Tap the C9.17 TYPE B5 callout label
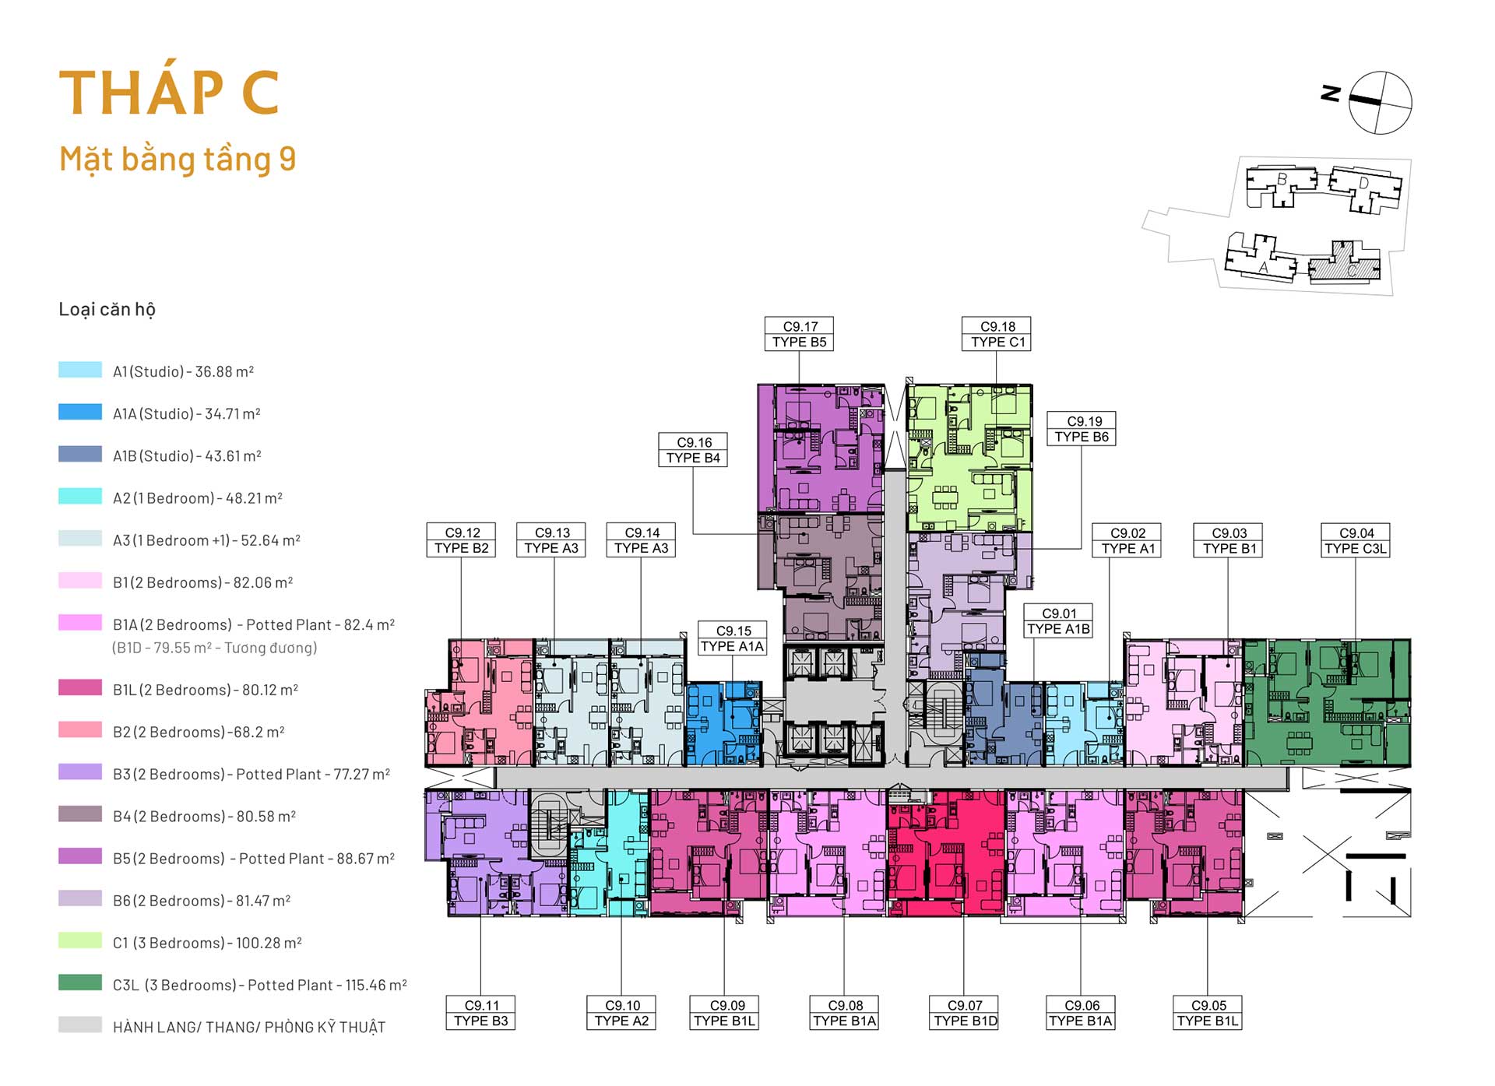(x=799, y=334)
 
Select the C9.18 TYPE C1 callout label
(x=997, y=334)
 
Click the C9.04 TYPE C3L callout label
(x=1356, y=540)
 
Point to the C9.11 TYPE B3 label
(x=480, y=1013)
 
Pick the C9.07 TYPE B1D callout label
(x=964, y=1013)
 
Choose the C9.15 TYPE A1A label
(x=732, y=638)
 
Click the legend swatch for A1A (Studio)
(x=80, y=412)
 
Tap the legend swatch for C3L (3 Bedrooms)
(x=80, y=982)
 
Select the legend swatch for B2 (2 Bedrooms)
(x=80, y=729)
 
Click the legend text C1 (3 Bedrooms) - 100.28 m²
(x=207, y=943)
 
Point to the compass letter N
(x=1331, y=93)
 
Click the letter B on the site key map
(x=1282, y=180)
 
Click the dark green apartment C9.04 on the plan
(x=1327, y=702)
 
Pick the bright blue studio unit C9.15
(x=723, y=723)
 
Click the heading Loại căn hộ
(x=107, y=309)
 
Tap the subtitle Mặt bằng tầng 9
(x=178, y=159)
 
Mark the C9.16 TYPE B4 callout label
(x=693, y=450)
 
